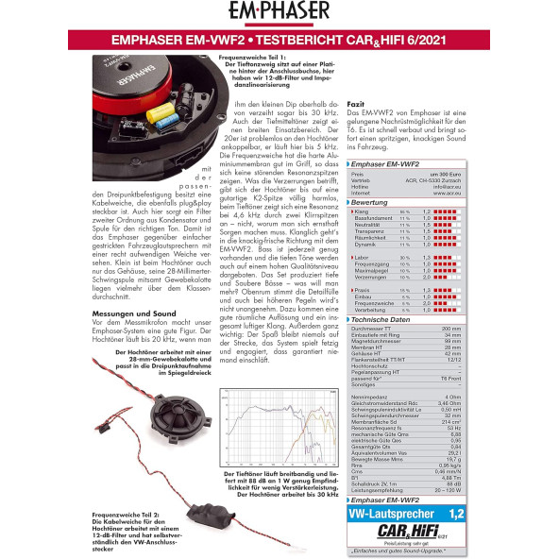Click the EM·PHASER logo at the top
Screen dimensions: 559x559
pos(279,13)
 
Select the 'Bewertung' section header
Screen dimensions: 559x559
pos(377,202)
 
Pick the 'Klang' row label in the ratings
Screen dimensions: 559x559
pos(364,212)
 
